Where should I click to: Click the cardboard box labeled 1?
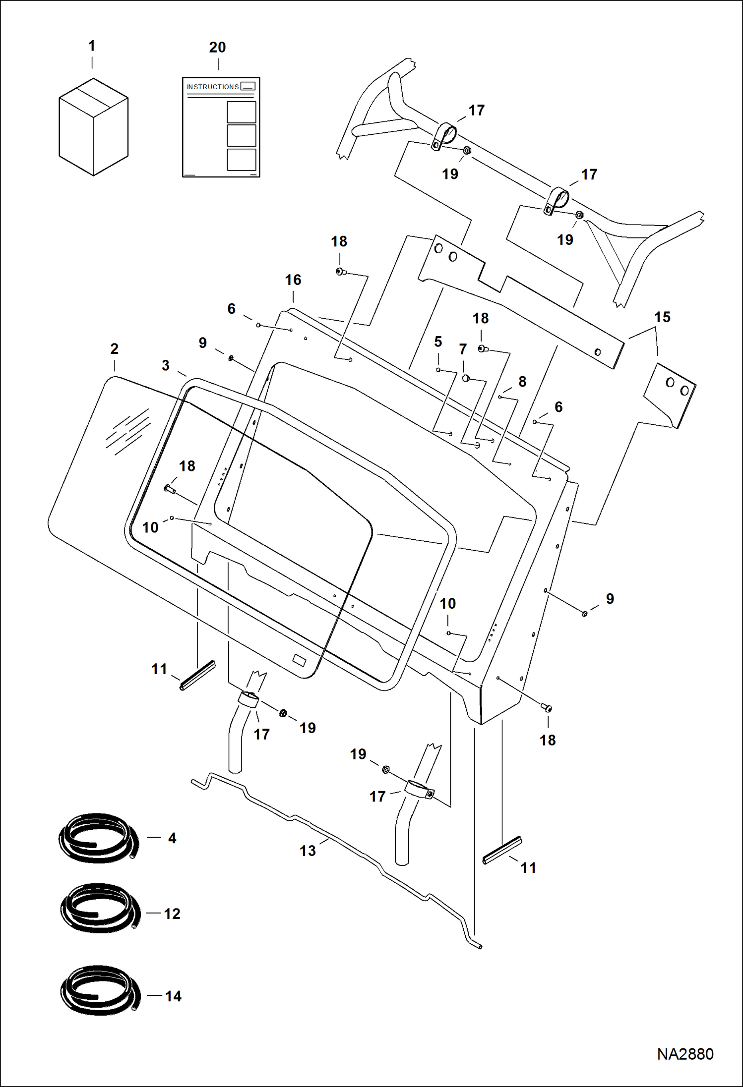pos(93,127)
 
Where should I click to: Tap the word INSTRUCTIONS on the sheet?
pos(212,87)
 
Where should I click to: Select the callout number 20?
pos(217,48)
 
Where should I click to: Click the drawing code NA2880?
pos(685,1054)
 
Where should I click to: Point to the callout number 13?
pos(308,851)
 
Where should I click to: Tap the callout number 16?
pos(293,280)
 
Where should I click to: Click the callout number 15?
pos(662,317)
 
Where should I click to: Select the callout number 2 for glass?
pos(114,349)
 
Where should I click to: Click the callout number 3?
pos(166,366)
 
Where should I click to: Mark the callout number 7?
pos(463,349)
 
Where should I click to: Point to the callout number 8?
pos(522,382)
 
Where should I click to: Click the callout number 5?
pos(438,342)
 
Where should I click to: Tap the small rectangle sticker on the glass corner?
pos(299,659)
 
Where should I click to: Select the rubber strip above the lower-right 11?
pos(502,850)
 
